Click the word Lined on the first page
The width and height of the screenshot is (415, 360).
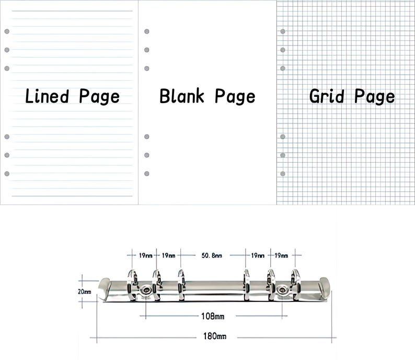pos(47,96)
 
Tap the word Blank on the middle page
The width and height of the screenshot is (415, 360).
pos(182,96)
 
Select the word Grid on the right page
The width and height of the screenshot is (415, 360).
pos(327,96)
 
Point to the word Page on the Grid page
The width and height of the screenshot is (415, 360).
pos(375,97)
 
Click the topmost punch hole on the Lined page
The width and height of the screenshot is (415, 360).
pos(7,31)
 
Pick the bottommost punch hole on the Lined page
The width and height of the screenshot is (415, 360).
pos(7,174)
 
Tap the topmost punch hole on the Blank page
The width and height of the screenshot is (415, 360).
pos(147,31)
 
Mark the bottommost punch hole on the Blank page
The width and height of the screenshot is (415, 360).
pos(147,174)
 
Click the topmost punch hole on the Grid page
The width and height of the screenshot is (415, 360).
pos(283,31)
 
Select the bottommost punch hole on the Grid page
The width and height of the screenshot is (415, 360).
pos(283,174)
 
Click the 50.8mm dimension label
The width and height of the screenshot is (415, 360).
pos(212,256)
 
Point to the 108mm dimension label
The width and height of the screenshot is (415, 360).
pos(213,316)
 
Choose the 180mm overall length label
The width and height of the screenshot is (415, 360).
pos(215,336)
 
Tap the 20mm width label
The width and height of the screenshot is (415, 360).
pos(85,291)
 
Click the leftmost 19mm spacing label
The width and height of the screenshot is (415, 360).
pos(146,256)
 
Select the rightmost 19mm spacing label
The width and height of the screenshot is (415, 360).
pos(281,256)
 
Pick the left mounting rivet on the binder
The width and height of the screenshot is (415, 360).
pos(146,290)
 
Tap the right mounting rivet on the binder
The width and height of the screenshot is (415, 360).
pos(282,290)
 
